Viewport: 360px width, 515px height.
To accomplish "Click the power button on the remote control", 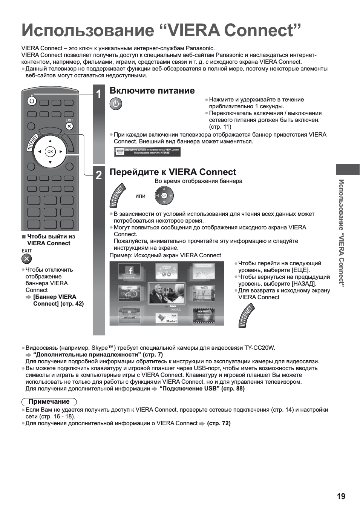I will [32, 101].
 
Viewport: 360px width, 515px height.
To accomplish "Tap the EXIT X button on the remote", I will [69, 126].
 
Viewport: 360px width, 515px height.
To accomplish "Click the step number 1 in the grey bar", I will [98, 94].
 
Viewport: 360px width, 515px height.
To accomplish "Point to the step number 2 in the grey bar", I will [98, 175].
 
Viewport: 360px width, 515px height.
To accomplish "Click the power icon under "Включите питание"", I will [116, 104].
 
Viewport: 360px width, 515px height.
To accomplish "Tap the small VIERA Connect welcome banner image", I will [147, 152].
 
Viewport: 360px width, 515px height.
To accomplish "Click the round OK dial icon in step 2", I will [164, 196].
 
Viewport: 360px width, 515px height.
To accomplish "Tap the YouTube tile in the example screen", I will [204, 293].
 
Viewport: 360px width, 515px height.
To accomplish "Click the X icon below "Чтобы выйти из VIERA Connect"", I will [27, 258].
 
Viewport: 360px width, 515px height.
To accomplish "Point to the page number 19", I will [341, 497].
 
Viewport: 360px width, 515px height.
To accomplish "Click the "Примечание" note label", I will [49, 401].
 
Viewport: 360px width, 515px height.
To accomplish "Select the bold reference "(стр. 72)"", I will [219, 423].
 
